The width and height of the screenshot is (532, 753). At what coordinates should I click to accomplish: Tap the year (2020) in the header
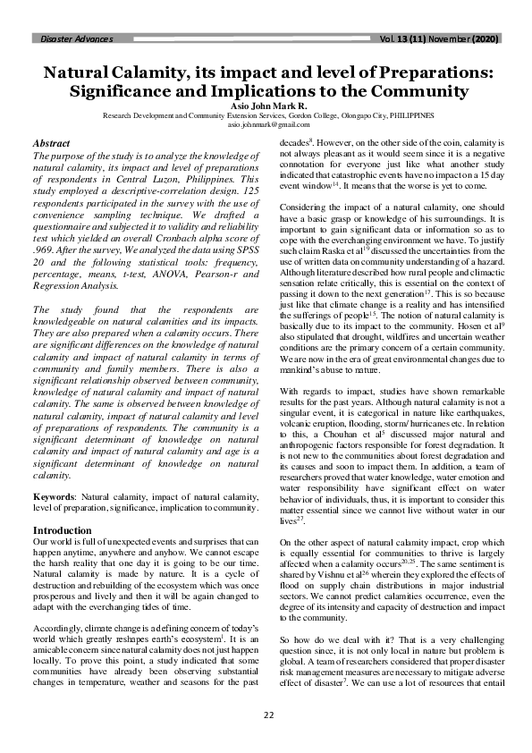point(483,39)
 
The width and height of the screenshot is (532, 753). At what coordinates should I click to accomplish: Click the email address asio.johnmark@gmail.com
point(266,126)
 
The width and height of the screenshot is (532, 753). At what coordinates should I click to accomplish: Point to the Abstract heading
point(51,143)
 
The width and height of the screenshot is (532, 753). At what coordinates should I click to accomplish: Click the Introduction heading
point(61,530)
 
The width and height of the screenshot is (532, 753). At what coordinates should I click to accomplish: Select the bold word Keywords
point(53,495)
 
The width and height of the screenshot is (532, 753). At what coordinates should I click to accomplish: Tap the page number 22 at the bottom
point(266,715)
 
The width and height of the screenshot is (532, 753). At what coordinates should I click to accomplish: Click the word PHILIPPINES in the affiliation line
point(409,116)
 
